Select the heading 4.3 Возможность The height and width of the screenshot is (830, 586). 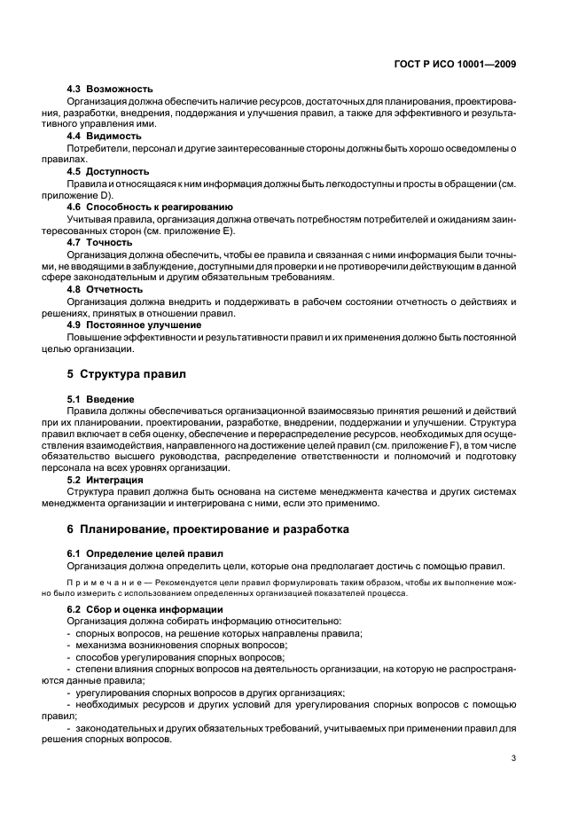point(111,90)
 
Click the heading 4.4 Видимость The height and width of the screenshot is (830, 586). point(105,137)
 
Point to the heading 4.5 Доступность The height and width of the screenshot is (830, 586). point(108,172)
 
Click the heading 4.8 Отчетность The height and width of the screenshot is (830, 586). point(105,289)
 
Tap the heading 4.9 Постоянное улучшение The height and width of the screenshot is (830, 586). point(134,325)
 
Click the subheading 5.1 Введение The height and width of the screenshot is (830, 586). point(101,400)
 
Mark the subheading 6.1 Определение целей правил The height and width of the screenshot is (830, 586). point(133,553)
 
